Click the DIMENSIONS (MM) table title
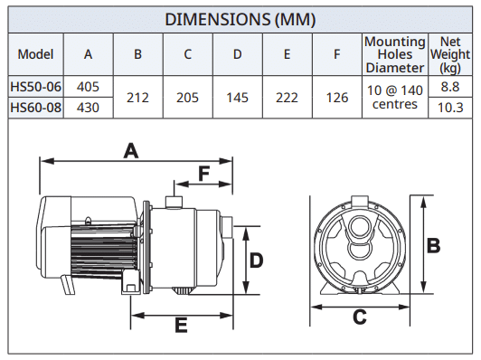pos(240,19)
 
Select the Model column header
pos(35,54)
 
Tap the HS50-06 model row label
pos(35,87)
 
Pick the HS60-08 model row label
pos(35,108)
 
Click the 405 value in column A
pos(88,87)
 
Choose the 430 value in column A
pos(88,108)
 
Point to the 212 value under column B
pos(137,98)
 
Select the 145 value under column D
pos(237,98)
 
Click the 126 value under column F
pos(337,98)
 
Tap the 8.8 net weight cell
pos(450,87)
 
